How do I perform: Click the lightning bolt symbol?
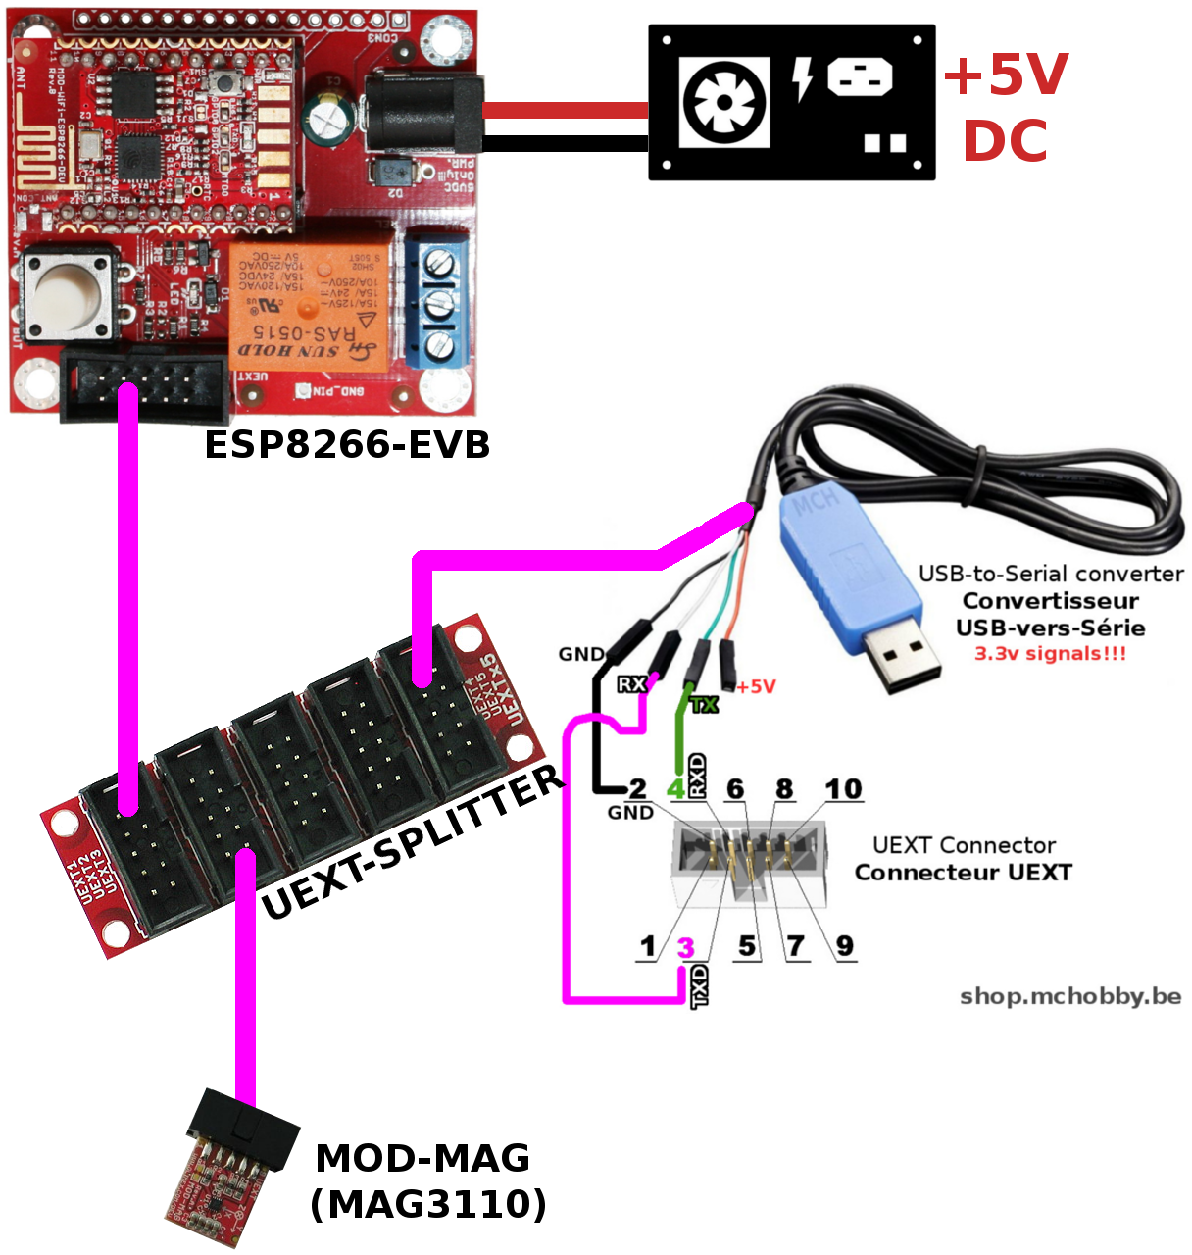pyautogui.click(x=803, y=79)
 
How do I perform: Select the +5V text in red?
pyautogui.click(x=1006, y=75)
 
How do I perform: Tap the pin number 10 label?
pyautogui.click(x=842, y=789)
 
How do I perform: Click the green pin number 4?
pyautogui.click(x=675, y=789)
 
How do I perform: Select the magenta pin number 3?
pyautogui.click(x=685, y=947)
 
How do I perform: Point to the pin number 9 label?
pyautogui.click(x=844, y=946)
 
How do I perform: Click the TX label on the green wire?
pyautogui.click(x=704, y=704)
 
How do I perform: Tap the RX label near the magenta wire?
pyautogui.click(x=631, y=683)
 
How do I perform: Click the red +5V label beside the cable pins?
pyautogui.click(x=756, y=686)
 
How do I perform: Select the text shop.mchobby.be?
pyautogui.click(x=1070, y=996)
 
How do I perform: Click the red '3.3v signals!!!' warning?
pyautogui.click(x=1050, y=653)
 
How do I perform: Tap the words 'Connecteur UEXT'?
pyautogui.click(x=963, y=872)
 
